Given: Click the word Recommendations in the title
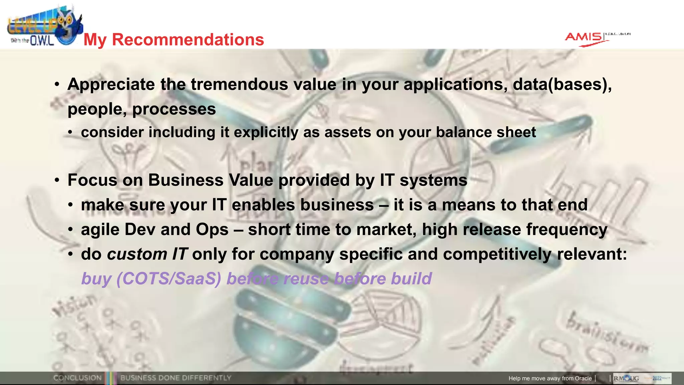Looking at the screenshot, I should (188, 39).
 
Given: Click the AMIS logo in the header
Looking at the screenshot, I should (584, 37).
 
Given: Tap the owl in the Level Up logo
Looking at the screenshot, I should (68, 25).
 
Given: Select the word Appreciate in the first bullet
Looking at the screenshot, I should (111, 84).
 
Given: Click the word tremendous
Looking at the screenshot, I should (239, 84).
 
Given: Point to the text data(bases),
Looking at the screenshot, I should (562, 84).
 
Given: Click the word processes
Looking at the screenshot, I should (174, 109).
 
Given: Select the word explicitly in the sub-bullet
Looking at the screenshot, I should (266, 132).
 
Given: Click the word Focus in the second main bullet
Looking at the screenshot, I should (92, 180).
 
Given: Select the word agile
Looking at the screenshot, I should (100, 230).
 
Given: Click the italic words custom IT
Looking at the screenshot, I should (147, 254).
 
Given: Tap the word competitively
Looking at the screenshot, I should (497, 254).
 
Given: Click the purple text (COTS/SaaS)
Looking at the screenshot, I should (169, 279).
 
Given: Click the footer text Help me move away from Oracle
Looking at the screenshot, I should (550, 378).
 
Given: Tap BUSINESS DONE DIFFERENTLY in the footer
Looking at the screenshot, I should (176, 378).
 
